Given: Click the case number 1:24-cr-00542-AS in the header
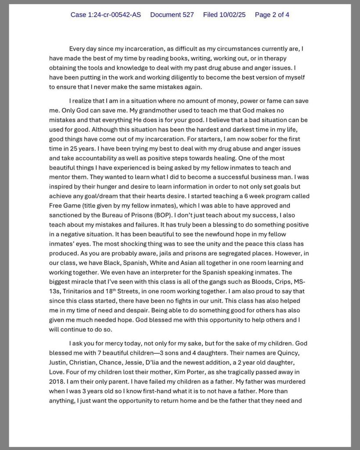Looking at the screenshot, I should pyautogui.click(x=106, y=15).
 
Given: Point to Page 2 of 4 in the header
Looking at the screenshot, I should pyautogui.click(x=272, y=15).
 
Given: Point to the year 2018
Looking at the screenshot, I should pyautogui.click(x=58, y=381).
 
